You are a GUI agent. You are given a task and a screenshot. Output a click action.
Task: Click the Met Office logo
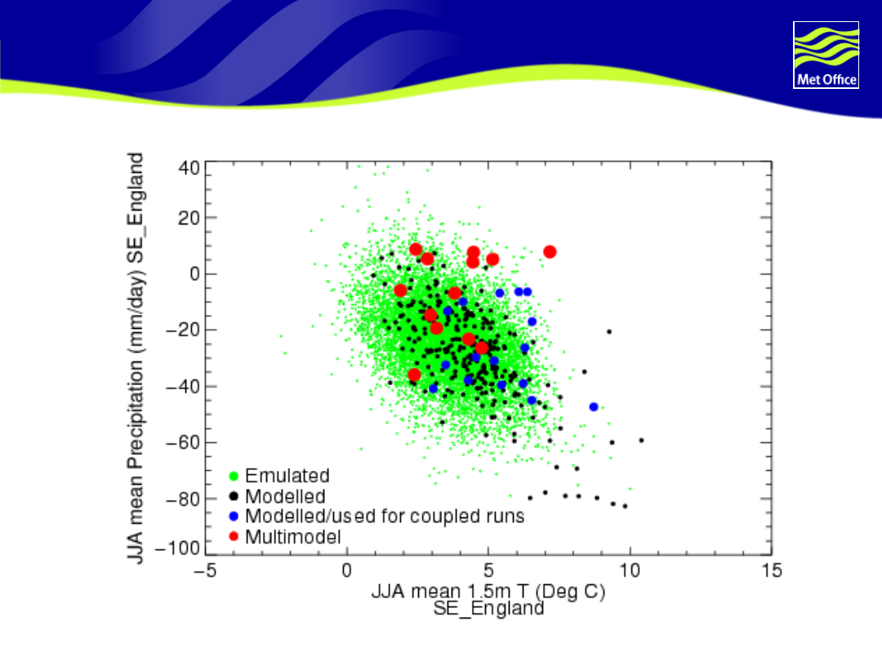pyautogui.click(x=826, y=55)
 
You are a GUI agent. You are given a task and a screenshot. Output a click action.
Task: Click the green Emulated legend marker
pyautogui.click(x=234, y=476)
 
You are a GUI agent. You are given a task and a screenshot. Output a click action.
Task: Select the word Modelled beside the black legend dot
pyautogui.click(x=285, y=496)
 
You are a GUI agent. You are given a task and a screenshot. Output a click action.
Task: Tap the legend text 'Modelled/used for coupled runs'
pyautogui.click(x=384, y=517)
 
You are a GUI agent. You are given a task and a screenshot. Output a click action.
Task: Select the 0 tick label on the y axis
pyautogui.click(x=194, y=274)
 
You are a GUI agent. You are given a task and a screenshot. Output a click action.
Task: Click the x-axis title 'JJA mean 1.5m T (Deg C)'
pyautogui.click(x=488, y=592)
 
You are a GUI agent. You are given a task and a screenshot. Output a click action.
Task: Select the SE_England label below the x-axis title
pyautogui.click(x=488, y=609)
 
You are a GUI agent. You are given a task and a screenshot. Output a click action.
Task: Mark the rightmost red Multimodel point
pyautogui.click(x=550, y=251)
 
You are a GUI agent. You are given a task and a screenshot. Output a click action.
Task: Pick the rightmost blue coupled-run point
pyautogui.click(x=594, y=406)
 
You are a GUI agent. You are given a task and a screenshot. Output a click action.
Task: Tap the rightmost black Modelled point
pyautogui.click(x=641, y=441)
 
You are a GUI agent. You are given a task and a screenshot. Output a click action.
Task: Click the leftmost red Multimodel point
pyautogui.click(x=400, y=291)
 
